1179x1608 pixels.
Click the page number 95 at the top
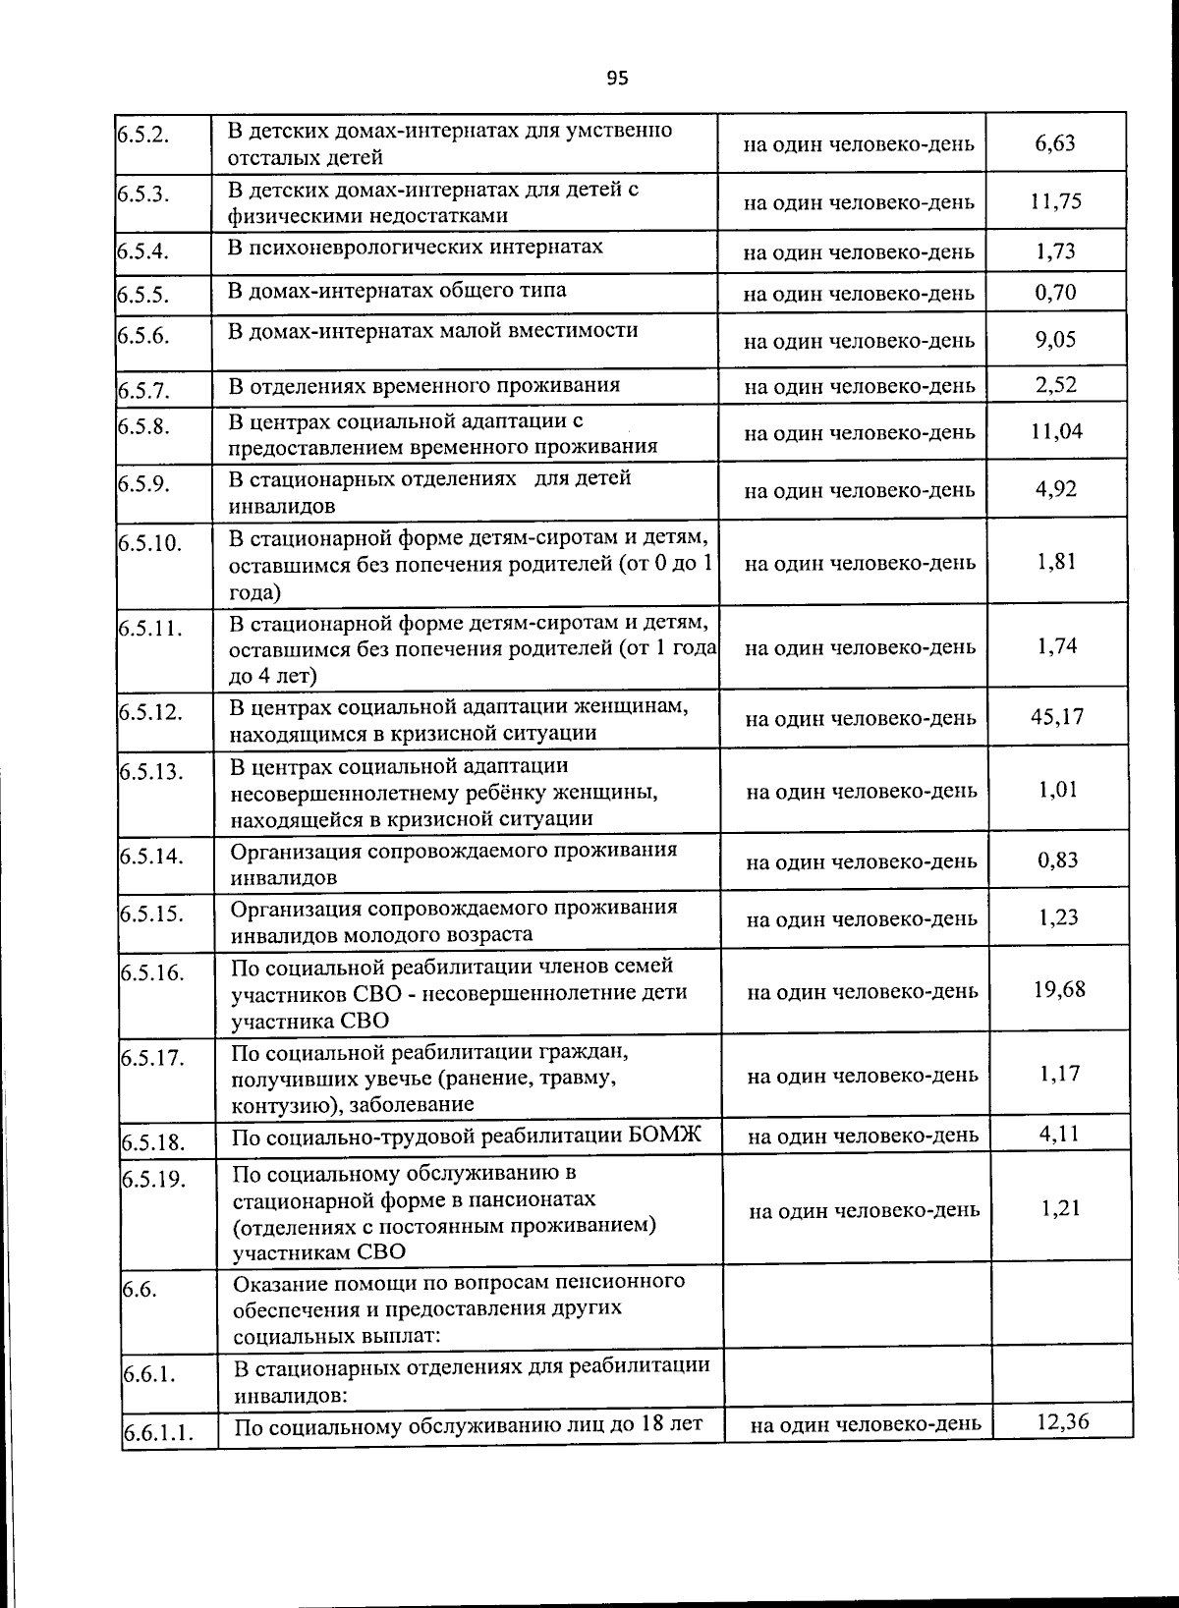(617, 79)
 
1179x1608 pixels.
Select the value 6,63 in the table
(1055, 143)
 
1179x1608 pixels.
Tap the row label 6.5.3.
(143, 194)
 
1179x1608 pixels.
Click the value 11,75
(1055, 201)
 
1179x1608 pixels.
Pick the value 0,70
(1055, 293)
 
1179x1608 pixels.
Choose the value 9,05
(1055, 340)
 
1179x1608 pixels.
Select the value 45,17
(1057, 716)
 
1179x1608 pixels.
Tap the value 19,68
(1059, 989)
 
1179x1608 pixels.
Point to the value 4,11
(1059, 1134)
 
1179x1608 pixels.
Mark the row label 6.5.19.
(154, 1179)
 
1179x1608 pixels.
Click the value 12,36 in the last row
(1062, 1420)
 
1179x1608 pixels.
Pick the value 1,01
(1058, 790)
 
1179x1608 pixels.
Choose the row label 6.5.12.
(151, 711)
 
